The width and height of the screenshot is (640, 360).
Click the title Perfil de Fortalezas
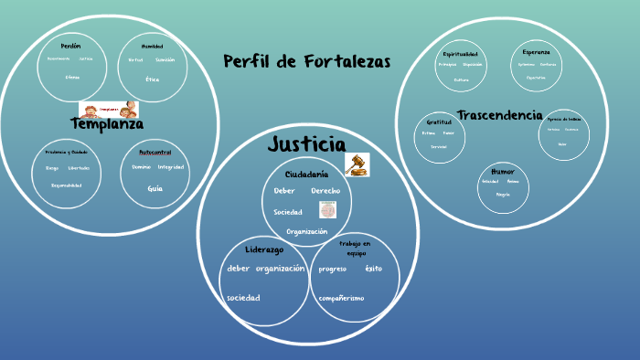tap(306, 62)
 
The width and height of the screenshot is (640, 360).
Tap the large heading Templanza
tap(107, 123)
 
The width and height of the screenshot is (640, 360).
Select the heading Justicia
tap(306, 144)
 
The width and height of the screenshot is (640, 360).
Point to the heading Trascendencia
tap(499, 115)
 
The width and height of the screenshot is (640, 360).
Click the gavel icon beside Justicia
tap(357, 164)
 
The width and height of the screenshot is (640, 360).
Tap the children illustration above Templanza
tap(108, 110)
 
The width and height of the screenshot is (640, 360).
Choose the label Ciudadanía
tap(306, 174)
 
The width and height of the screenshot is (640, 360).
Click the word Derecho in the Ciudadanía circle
tap(325, 191)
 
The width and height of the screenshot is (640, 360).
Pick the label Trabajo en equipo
tap(355, 248)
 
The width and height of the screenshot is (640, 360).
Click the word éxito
tap(373, 269)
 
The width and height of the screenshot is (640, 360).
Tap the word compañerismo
tap(342, 298)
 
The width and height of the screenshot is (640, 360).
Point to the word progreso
tap(333, 270)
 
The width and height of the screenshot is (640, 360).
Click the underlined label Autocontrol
tap(155, 152)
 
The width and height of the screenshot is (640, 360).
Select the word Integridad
tap(170, 167)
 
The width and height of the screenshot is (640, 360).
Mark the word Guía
tap(155, 187)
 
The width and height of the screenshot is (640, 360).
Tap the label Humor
tap(502, 171)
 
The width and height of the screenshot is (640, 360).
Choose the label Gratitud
tap(439, 122)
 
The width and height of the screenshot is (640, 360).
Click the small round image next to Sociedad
tap(326, 210)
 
